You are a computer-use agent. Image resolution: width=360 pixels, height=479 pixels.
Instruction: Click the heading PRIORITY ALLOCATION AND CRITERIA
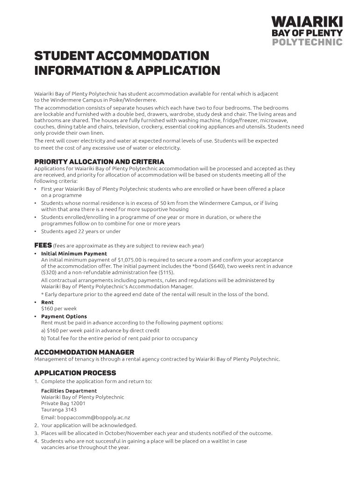point(99,162)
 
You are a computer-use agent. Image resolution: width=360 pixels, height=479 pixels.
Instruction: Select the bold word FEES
point(43,246)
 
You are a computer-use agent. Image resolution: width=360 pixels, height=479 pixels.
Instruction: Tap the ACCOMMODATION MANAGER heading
point(84,352)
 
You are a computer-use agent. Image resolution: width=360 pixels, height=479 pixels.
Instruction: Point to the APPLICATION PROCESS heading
point(75,373)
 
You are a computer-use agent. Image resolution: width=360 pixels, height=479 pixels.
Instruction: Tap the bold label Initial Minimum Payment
point(74,254)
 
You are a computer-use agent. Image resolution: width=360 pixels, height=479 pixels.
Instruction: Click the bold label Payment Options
point(64,316)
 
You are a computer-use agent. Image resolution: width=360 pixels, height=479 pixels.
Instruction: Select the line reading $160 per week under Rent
point(59,309)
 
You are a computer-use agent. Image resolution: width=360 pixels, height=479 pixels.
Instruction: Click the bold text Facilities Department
point(69,391)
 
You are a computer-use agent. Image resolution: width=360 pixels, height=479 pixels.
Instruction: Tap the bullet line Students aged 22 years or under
point(81,232)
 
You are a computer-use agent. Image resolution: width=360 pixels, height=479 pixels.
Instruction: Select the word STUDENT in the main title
point(64,56)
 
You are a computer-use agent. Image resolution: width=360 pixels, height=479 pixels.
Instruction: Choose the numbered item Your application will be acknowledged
point(89,426)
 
